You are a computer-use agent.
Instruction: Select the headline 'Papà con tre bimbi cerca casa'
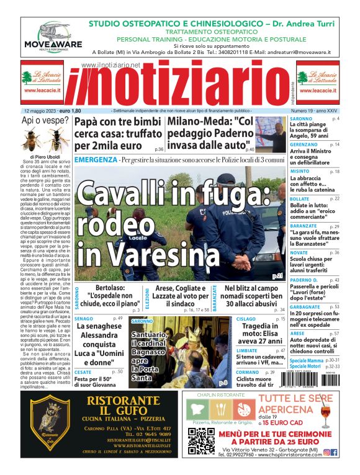pyautogui.click(x=119, y=134)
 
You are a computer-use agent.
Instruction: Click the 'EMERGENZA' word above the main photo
pyautogui.click(x=95, y=160)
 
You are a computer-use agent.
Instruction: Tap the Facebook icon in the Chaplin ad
pyautogui.click(x=335, y=453)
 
